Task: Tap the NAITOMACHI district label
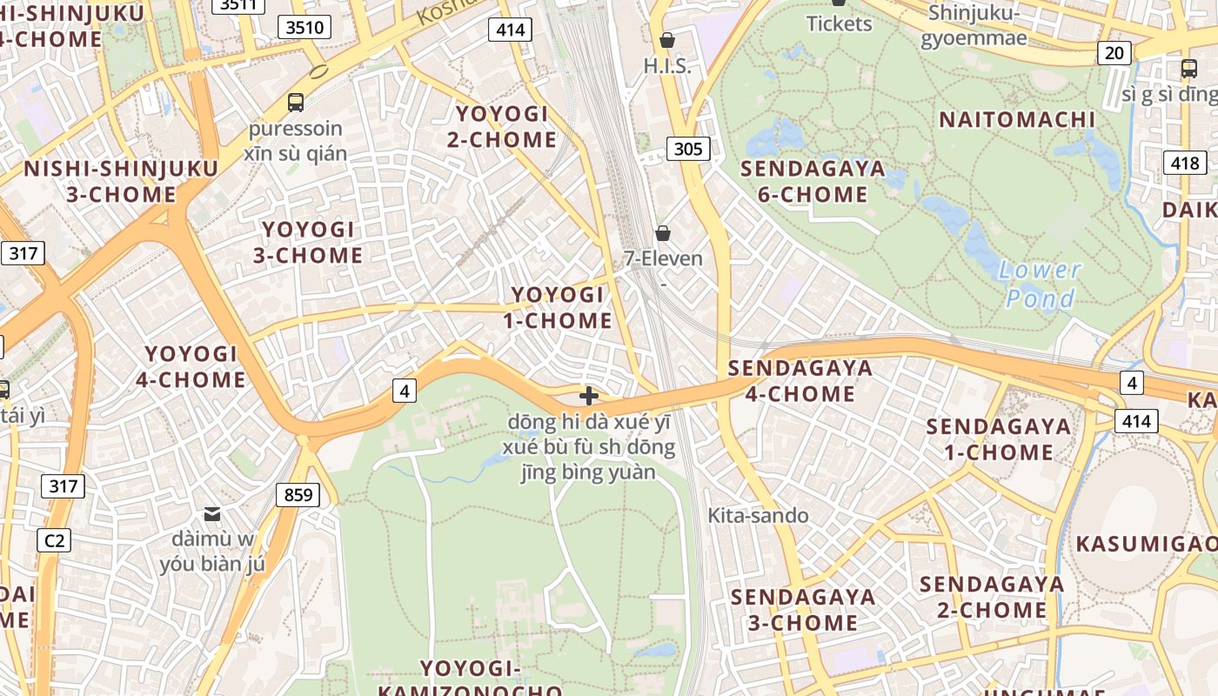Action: [1016, 119]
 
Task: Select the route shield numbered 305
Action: [687, 149]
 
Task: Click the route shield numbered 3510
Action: [304, 27]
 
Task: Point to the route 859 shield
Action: [298, 495]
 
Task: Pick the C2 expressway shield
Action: [54, 540]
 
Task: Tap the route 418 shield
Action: [1184, 162]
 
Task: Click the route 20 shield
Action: [1114, 53]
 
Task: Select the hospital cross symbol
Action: [589, 396]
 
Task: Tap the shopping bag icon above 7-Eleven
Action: [663, 232]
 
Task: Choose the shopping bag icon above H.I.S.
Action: [667, 39]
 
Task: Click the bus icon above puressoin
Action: [296, 102]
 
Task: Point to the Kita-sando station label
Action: [758, 515]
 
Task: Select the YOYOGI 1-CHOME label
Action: [558, 307]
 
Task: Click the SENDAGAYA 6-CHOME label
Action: [813, 181]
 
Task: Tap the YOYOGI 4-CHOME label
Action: [191, 366]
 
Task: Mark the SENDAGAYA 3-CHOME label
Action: [802, 609]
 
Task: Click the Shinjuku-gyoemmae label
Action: [974, 25]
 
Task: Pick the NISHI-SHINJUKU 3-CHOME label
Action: [121, 181]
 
